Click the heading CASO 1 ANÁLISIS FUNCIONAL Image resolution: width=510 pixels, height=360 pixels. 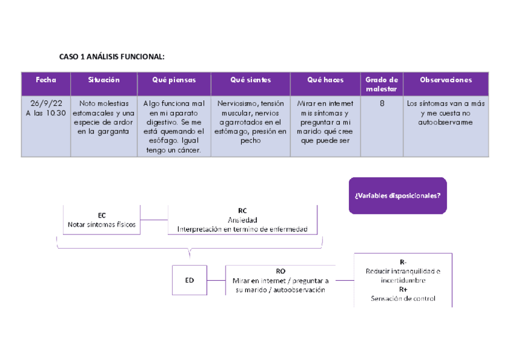coord(111,57)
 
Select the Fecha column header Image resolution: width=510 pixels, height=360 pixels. coord(46,80)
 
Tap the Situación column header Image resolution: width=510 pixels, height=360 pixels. coord(103,80)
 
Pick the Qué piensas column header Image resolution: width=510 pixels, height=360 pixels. coord(174,80)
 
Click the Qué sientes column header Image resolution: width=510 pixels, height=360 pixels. coord(250,80)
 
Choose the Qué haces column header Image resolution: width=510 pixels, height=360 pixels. coord(325,80)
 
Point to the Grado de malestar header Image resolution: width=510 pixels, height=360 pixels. coord(381,84)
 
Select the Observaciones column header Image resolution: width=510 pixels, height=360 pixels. coord(446,80)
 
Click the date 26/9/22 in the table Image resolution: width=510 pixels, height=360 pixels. coord(46,103)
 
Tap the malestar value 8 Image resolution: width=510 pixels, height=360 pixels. coord(382,103)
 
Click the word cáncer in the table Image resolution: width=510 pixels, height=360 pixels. coord(187,151)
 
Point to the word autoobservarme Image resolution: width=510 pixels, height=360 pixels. coord(446,123)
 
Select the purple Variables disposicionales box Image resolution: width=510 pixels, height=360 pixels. coord(398,195)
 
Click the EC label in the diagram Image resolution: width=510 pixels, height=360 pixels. coord(102,215)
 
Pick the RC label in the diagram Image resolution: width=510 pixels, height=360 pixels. coord(242,211)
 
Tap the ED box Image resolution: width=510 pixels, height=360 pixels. coord(189,279)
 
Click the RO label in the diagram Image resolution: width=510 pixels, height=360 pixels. coord(280,271)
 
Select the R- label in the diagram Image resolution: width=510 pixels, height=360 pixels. coord(403,261)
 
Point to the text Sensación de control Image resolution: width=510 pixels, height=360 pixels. coord(403,299)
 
